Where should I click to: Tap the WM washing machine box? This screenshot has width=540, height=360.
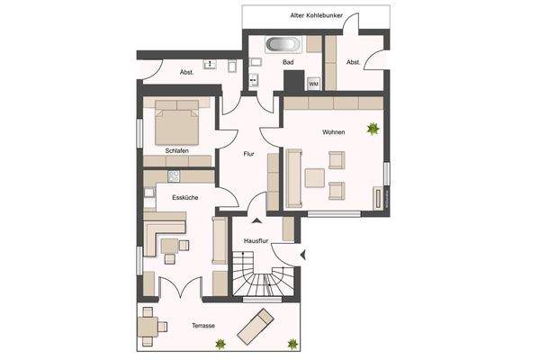click(x=313, y=83)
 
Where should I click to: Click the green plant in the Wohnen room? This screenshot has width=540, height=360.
click(x=372, y=130)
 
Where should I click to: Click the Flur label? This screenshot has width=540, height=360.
click(x=249, y=154)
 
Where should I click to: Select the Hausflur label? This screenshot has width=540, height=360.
click(x=257, y=240)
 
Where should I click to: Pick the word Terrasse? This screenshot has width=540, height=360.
click(x=203, y=325)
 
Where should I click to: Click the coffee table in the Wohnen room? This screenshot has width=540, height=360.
click(x=315, y=177)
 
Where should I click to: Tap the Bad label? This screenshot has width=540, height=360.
click(x=288, y=63)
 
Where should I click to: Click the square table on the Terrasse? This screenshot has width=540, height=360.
click(x=149, y=325)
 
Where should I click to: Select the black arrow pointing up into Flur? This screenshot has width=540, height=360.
click(x=257, y=219)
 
